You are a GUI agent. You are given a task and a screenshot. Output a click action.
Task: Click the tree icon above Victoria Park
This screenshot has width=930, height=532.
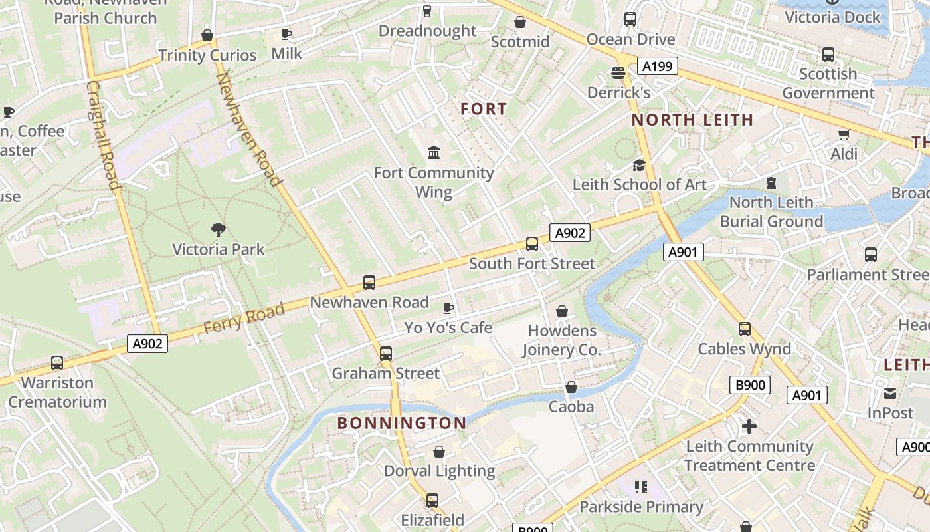click(x=218, y=231)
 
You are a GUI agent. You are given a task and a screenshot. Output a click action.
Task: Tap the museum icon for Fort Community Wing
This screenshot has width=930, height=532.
click(x=434, y=153)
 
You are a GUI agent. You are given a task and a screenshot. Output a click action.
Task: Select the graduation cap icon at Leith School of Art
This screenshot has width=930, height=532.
click(x=639, y=165)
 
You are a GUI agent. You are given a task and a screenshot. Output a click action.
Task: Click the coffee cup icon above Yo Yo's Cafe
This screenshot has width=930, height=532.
click(x=448, y=308)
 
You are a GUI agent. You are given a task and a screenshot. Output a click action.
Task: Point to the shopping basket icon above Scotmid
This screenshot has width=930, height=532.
click(x=520, y=23)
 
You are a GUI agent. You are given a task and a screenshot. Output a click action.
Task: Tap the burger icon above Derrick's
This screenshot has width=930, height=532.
click(x=618, y=72)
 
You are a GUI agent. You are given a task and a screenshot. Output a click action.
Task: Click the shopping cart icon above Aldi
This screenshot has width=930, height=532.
click(x=844, y=135)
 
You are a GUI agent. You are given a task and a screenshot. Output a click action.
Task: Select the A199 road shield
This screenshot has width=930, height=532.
click(x=657, y=66)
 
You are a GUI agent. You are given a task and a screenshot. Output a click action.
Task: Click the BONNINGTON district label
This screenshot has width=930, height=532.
click(x=401, y=423)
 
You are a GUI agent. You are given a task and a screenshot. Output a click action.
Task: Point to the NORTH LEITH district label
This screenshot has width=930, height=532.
click(x=692, y=120)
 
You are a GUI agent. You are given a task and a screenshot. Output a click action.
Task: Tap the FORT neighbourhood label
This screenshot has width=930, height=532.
click(x=484, y=109)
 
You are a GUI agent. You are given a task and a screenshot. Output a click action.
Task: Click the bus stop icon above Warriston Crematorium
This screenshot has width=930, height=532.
click(x=57, y=363)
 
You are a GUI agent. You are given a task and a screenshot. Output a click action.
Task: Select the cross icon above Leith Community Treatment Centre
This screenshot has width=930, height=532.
click(x=749, y=426)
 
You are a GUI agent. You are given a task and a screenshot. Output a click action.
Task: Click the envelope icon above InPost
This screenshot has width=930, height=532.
click(x=890, y=394)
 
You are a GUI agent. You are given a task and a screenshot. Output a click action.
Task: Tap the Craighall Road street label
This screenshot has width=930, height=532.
click(x=102, y=136)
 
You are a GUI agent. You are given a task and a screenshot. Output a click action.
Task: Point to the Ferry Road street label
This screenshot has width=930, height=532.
click(x=244, y=318)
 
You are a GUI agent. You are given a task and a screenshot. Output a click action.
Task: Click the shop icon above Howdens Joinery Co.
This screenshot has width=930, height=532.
click(x=562, y=311)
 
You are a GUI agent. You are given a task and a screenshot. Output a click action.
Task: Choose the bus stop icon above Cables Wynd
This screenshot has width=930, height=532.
click(x=744, y=329)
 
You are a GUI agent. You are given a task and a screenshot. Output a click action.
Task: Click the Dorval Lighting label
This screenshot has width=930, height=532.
click(x=439, y=471)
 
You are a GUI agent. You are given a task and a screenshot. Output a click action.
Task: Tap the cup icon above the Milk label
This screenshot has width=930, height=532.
click(x=286, y=34)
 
